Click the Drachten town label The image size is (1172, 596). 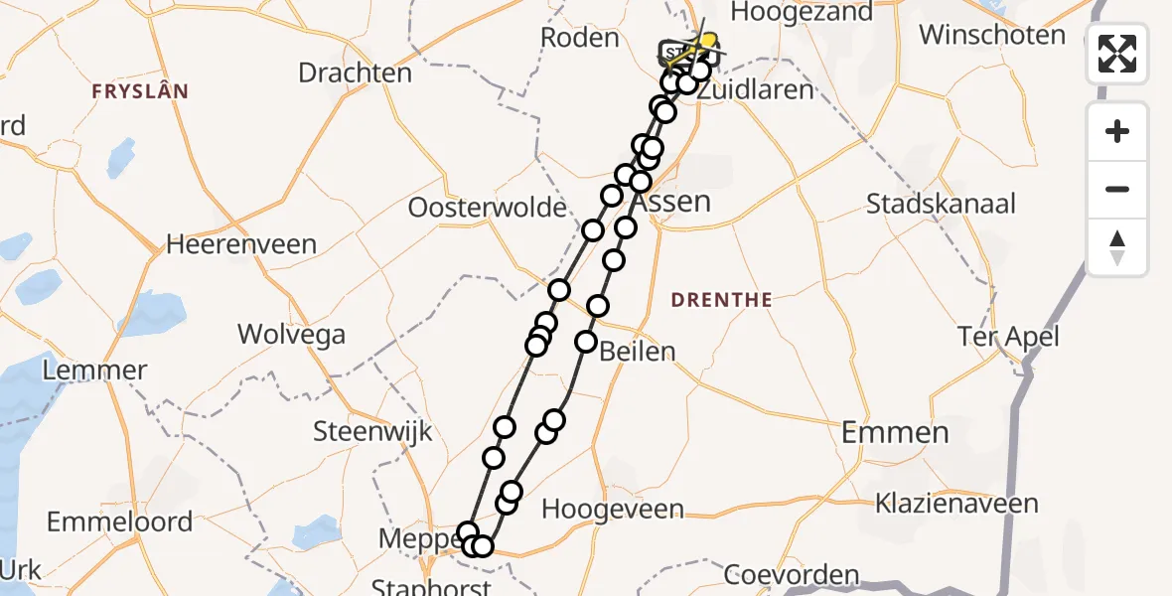click(355, 73)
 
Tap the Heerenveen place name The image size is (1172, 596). click(241, 244)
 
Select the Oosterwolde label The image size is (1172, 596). click(487, 209)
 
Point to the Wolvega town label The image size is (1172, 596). click(291, 334)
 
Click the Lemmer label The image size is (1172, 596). click(96, 371)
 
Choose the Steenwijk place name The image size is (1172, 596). click(372, 431)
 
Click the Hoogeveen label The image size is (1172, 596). click(613, 510)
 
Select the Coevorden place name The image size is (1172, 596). click(791, 575)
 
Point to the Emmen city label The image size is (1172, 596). click(895, 432)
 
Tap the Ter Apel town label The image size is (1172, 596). click(1007, 336)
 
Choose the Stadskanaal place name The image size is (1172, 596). click(942, 204)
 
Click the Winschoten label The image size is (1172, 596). click(992, 35)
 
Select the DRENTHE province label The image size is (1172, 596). click(721, 300)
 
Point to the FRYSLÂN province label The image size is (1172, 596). click(140, 91)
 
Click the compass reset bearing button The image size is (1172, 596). click(1117, 247)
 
